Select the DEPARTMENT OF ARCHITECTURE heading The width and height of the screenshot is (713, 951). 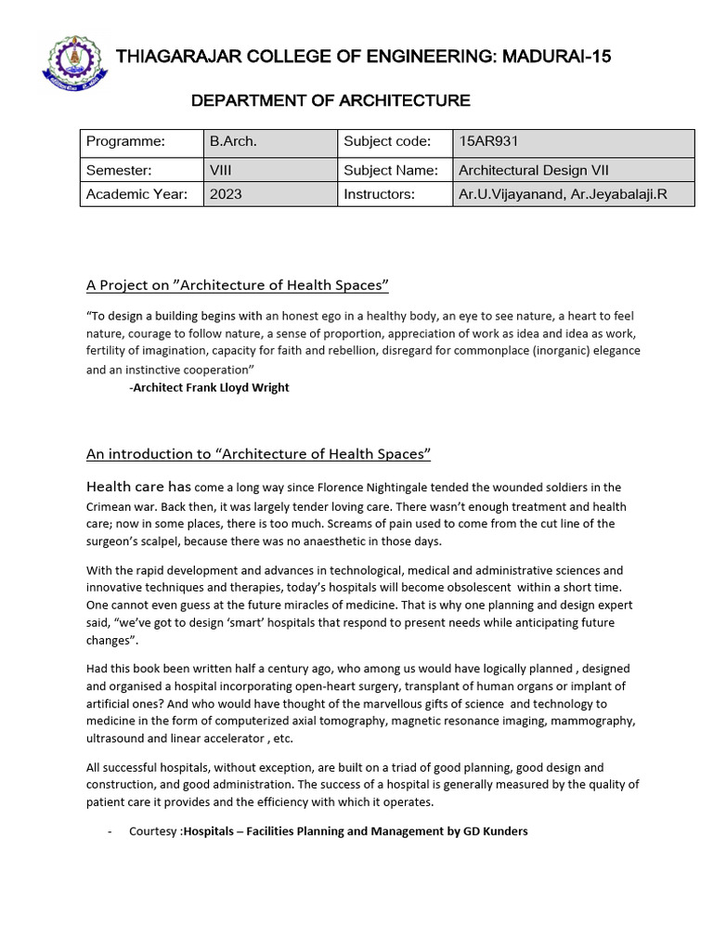(331, 100)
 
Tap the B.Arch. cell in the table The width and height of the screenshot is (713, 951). (233, 142)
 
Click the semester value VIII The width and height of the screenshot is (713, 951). (221, 170)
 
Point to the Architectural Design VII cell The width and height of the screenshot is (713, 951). (533, 170)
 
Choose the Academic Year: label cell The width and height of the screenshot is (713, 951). (136, 194)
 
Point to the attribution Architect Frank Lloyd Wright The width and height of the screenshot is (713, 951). (211, 387)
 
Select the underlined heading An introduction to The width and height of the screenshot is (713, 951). (259, 454)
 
